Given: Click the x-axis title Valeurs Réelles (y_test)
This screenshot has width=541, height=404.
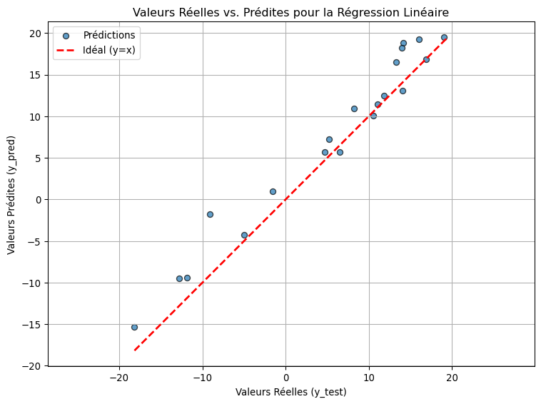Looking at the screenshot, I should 291,391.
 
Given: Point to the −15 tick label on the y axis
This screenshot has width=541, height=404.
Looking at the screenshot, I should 33,325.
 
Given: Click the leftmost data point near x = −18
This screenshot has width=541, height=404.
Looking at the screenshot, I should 134,327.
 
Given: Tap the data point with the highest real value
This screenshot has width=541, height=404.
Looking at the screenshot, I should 444,37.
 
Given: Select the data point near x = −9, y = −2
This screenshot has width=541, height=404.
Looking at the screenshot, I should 210,214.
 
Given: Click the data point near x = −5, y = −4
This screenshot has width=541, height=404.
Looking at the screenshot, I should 244,235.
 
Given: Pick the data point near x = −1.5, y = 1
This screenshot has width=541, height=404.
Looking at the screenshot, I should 273,191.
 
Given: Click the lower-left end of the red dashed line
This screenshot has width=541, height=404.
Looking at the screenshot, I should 135,350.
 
